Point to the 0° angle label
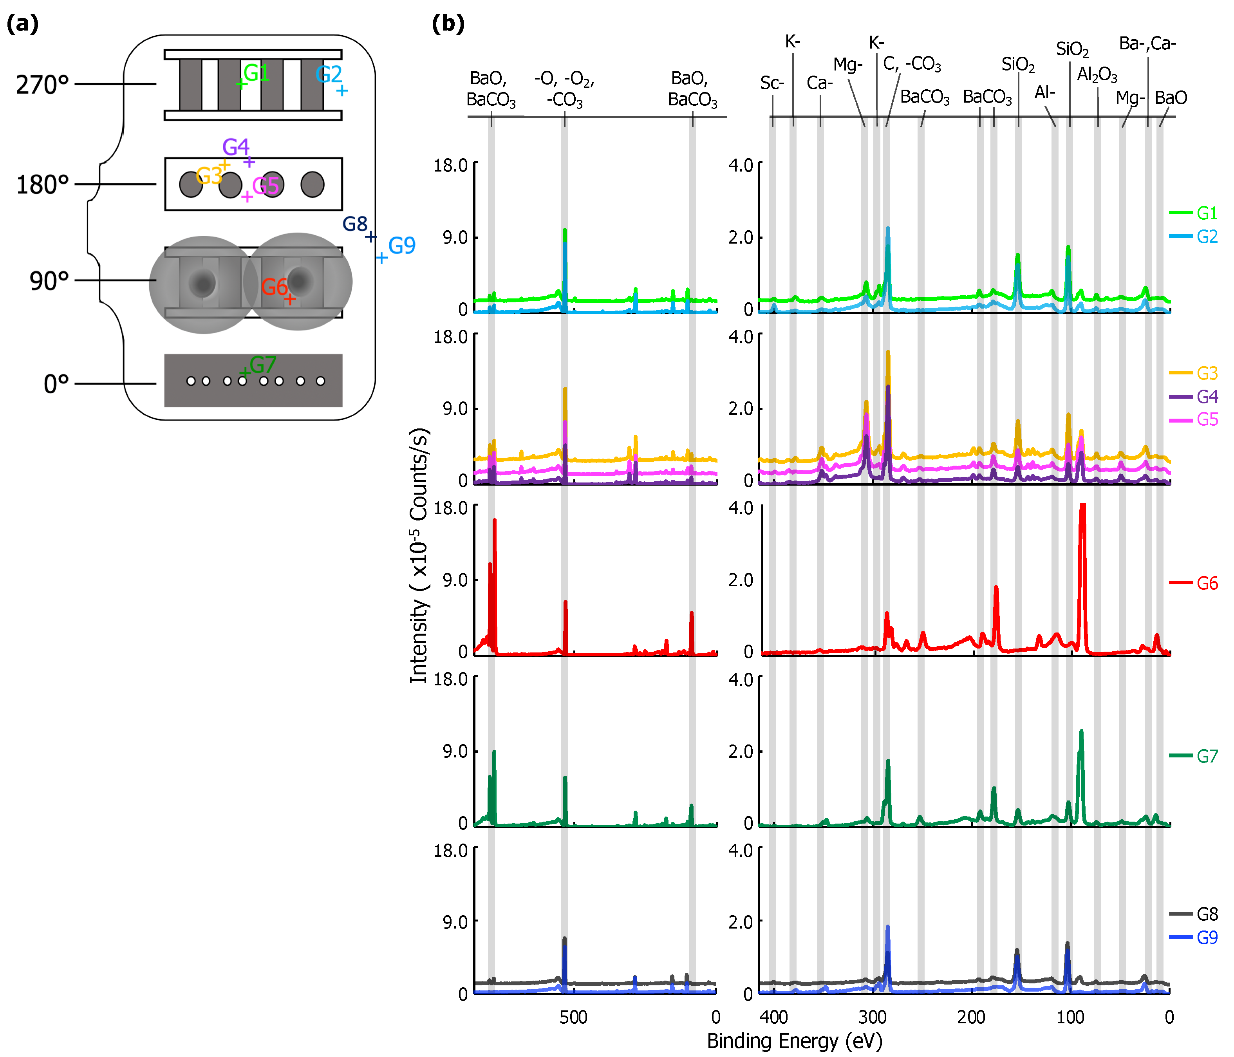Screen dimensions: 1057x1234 click(56, 384)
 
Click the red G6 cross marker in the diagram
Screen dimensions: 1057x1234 click(289, 299)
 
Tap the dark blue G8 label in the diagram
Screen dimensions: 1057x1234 click(355, 224)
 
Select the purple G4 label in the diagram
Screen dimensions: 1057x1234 click(235, 146)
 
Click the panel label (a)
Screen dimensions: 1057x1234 click(23, 24)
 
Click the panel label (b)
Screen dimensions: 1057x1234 click(448, 24)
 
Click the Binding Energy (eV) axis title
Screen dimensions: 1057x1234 click(795, 1041)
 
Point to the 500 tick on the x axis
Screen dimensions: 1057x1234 click(573, 1017)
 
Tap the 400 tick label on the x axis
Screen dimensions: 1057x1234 click(773, 1017)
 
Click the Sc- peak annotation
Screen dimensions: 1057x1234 click(772, 83)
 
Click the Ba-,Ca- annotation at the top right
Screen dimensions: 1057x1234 click(1147, 43)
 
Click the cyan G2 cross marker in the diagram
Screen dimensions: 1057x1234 click(342, 90)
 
